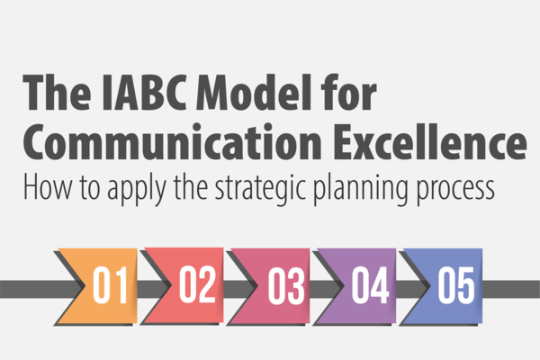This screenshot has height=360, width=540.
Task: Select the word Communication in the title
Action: click(x=172, y=141)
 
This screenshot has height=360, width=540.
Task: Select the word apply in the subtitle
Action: click(x=137, y=189)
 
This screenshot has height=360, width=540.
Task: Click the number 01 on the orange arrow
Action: click(x=110, y=285)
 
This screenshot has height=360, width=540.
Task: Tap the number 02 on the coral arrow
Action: click(x=197, y=285)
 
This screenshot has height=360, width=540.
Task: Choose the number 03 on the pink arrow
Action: click(x=286, y=286)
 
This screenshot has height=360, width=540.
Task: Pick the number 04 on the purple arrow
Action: click(x=370, y=285)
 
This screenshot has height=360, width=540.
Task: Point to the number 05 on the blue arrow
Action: click(x=456, y=285)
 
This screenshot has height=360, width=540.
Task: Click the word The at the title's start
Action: click(x=58, y=93)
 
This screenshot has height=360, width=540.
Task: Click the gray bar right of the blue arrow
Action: click(x=511, y=289)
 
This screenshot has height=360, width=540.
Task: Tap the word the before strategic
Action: click(x=191, y=187)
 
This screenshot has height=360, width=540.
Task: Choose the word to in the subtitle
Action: click(x=90, y=189)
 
